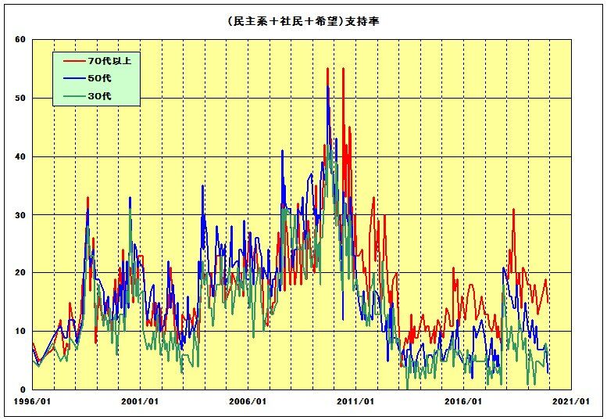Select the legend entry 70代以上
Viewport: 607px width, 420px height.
point(106,60)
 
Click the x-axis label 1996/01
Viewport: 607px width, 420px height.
point(33,401)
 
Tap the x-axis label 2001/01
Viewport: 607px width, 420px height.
point(141,401)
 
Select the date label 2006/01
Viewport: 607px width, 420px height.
point(248,401)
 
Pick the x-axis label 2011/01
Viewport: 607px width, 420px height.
point(356,401)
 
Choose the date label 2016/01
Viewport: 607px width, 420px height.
point(463,401)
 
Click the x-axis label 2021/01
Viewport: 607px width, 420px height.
point(571,401)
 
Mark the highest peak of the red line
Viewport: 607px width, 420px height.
point(327,69)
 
